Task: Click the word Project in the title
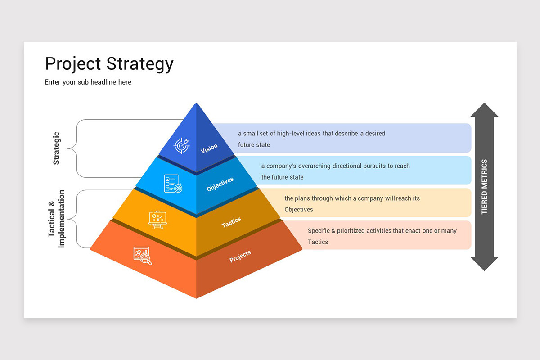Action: pos(72,64)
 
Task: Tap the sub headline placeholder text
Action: pos(88,82)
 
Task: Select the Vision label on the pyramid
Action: pos(209,148)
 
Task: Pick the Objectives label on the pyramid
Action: pos(220,184)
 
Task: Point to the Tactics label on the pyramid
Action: pos(231,222)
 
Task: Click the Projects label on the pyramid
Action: pos(240,256)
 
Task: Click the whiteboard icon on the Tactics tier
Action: pos(157,220)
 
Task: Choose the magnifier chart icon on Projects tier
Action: pos(142,255)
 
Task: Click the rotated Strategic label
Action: pos(56,148)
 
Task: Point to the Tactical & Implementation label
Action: pos(57,219)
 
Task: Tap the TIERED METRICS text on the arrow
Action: pos(484,187)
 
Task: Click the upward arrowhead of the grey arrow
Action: pos(484,110)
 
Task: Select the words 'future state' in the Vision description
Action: pos(254,145)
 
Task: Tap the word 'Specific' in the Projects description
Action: pos(319,231)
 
